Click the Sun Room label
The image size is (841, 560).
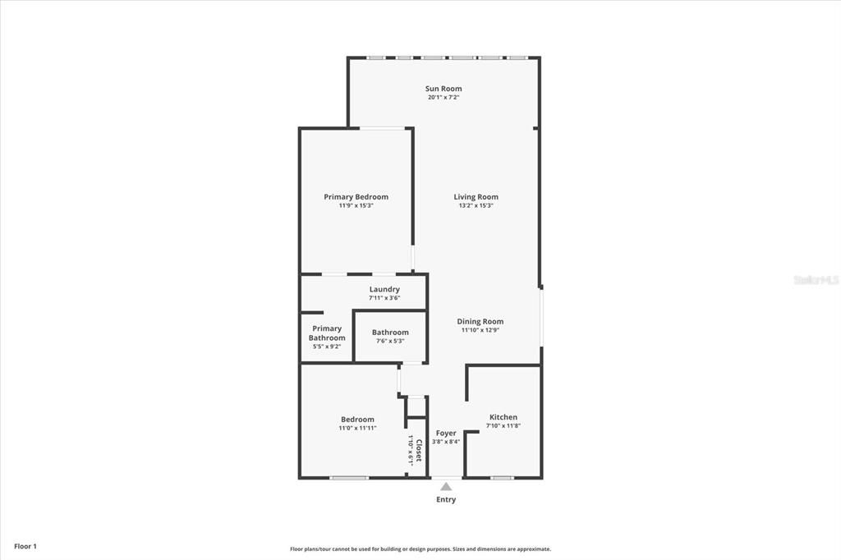tap(443, 89)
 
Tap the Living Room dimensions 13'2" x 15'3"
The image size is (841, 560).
tap(476, 206)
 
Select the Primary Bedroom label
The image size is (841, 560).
tap(356, 197)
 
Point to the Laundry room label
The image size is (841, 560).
tap(384, 289)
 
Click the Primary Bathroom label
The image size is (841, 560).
tap(327, 333)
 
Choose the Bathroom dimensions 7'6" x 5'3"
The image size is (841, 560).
tap(390, 341)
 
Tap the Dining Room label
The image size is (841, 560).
tap(480, 321)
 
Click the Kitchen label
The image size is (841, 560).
tap(503, 417)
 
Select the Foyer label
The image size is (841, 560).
tap(446, 433)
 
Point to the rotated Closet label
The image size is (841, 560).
tap(419, 451)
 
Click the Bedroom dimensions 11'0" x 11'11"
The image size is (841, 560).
tap(357, 428)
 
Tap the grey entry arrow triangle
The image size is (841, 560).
tap(446, 487)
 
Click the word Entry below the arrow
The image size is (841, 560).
tap(446, 499)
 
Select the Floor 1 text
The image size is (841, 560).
tap(25, 546)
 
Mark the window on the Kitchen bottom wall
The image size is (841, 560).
tap(502, 477)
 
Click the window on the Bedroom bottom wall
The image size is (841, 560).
tap(348, 477)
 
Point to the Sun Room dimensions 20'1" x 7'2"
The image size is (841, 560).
tap(443, 98)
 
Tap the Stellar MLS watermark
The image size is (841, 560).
tap(816, 280)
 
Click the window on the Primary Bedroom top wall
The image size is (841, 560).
tap(382, 128)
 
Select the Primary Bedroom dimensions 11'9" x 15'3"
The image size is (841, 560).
tap(356, 206)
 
